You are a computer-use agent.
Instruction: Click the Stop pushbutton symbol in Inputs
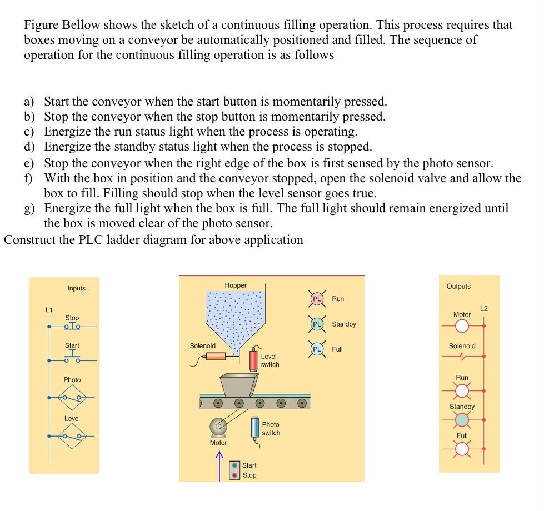click(x=72, y=325)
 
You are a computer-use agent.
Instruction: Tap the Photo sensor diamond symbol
click(x=72, y=398)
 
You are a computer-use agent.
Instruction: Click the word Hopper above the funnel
click(x=236, y=285)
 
